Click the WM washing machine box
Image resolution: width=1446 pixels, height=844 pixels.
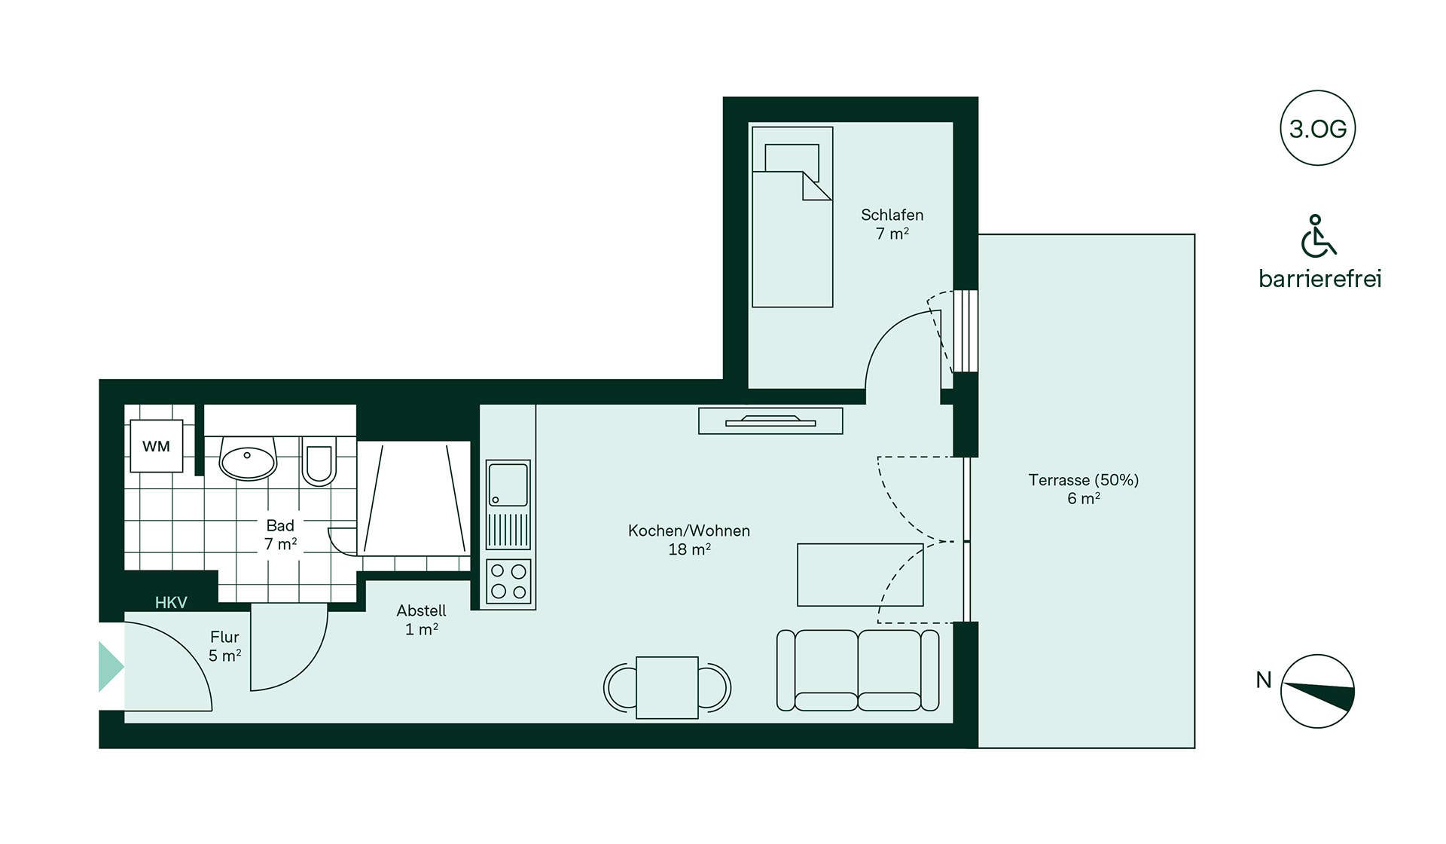pyautogui.click(x=156, y=446)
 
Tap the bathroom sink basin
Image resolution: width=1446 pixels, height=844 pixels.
pyautogui.click(x=248, y=459)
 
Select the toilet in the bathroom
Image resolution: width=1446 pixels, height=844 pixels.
pyautogui.click(x=319, y=461)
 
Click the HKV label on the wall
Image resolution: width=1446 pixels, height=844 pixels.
pyautogui.click(x=171, y=602)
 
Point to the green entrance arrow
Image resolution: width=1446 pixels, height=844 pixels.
pyautogui.click(x=111, y=667)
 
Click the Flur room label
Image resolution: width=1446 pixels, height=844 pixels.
pyautogui.click(x=224, y=646)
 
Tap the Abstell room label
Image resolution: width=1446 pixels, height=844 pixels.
pyautogui.click(x=421, y=619)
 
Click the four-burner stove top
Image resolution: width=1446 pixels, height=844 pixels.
pyautogui.click(x=508, y=582)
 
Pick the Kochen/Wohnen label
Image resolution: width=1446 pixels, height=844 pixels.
pyautogui.click(x=689, y=540)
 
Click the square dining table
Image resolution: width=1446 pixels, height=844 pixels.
pyautogui.click(x=667, y=687)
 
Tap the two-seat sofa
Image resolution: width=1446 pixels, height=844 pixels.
pyautogui.click(x=858, y=670)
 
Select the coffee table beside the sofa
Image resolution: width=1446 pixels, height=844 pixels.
pyautogui.click(x=860, y=575)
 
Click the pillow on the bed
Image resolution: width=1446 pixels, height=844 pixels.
pyautogui.click(x=792, y=158)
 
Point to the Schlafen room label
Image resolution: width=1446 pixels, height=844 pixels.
pyautogui.click(x=892, y=224)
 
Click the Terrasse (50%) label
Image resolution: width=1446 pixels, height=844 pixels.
pyautogui.click(x=1084, y=488)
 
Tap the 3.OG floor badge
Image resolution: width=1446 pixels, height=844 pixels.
pyautogui.click(x=1318, y=128)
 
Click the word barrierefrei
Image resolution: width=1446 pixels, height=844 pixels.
pyautogui.click(x=1320, y=279)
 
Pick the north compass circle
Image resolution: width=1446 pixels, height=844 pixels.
pyautogui.click(x=1318, y=691)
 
